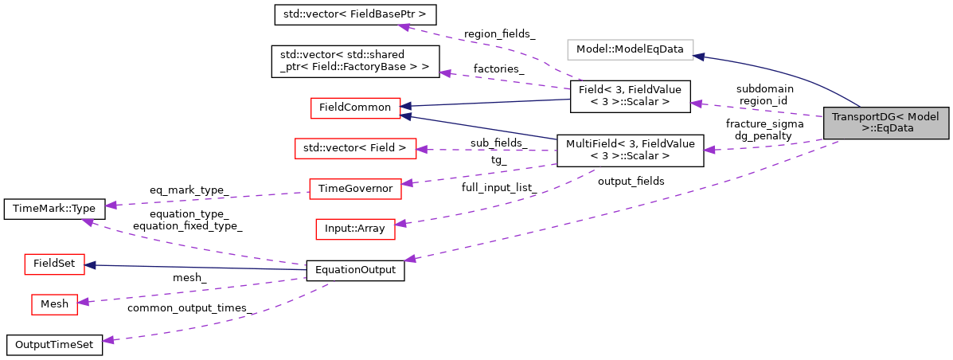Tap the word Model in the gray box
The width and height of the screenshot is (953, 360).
tap(924, 117)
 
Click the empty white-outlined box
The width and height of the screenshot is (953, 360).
tap(630, 49)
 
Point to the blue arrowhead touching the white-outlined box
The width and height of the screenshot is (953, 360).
tap(699, 57)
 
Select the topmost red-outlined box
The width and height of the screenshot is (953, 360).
tap(355, 108)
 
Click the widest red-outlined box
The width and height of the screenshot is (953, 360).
tap(355, 149)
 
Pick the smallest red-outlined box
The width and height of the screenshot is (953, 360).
tap(54, 304)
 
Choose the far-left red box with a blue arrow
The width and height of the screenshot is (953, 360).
tap(54, 264)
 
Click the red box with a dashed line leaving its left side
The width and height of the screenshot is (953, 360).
tap(355, 190)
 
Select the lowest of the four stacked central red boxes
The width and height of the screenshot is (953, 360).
tap(355, 229)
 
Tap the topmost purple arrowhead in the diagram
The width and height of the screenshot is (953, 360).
tap(404, 27)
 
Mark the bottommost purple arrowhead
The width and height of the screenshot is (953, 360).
tap(108, 340)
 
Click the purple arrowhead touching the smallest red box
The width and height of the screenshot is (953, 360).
tap(83, 302)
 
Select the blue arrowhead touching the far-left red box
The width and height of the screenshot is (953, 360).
tap(91, 265)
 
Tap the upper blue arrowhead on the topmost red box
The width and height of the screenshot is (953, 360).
tap(406, 106)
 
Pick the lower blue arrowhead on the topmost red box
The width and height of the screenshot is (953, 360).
tap(406, 116)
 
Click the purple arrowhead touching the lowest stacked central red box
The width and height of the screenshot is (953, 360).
tap(400, 224)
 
